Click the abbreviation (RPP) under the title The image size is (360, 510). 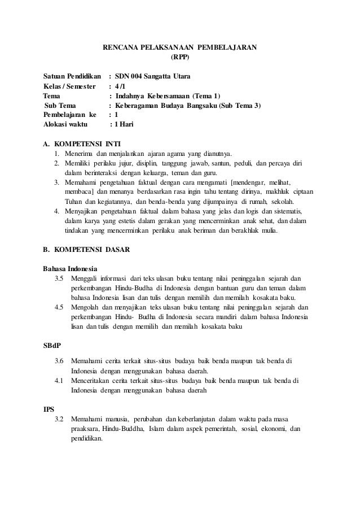pyautogui.click(x=180, y=57)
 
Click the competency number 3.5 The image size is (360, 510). pyautogui.click(x=59, y=278)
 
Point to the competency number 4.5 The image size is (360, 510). pyautogui.click(x=59, y=307)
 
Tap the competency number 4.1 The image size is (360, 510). pyautogui.click(x=59, y=380)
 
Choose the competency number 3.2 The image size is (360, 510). pyautogui.click(x=59, y=419)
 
